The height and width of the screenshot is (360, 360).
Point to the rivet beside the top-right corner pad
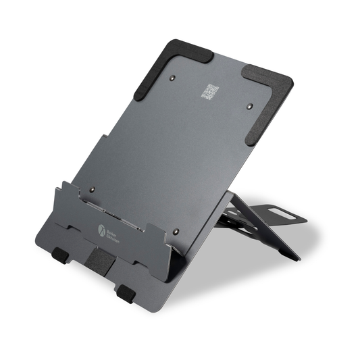pyautogui.click(x=251, y=106)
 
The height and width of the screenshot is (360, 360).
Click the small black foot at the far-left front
pyautogui.click(x=59, y=255)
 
